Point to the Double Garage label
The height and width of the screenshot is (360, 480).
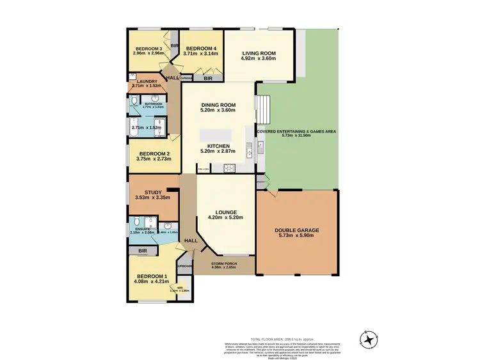click(296, 230)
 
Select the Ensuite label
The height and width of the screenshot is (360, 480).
click(141, 228)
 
